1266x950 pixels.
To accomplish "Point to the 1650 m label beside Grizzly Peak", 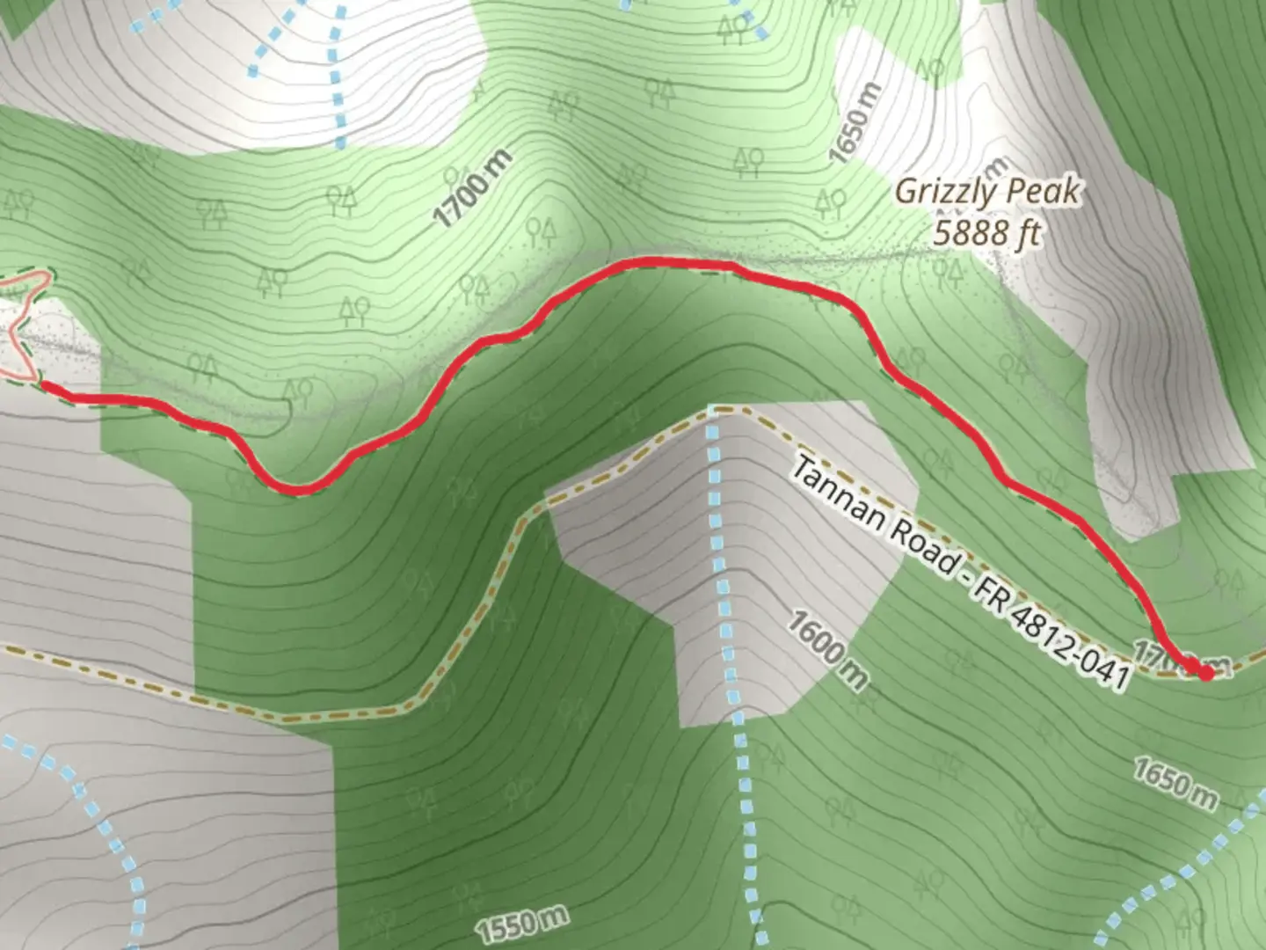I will (854, 123).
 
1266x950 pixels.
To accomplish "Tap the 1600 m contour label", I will (827, 650).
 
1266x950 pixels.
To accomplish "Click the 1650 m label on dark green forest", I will (1175, 784).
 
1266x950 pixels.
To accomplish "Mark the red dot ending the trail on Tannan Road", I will (1205, 673).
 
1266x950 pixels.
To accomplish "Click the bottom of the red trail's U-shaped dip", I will (299, 489).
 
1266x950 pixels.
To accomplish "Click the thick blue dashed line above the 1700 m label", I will (335, 70).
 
